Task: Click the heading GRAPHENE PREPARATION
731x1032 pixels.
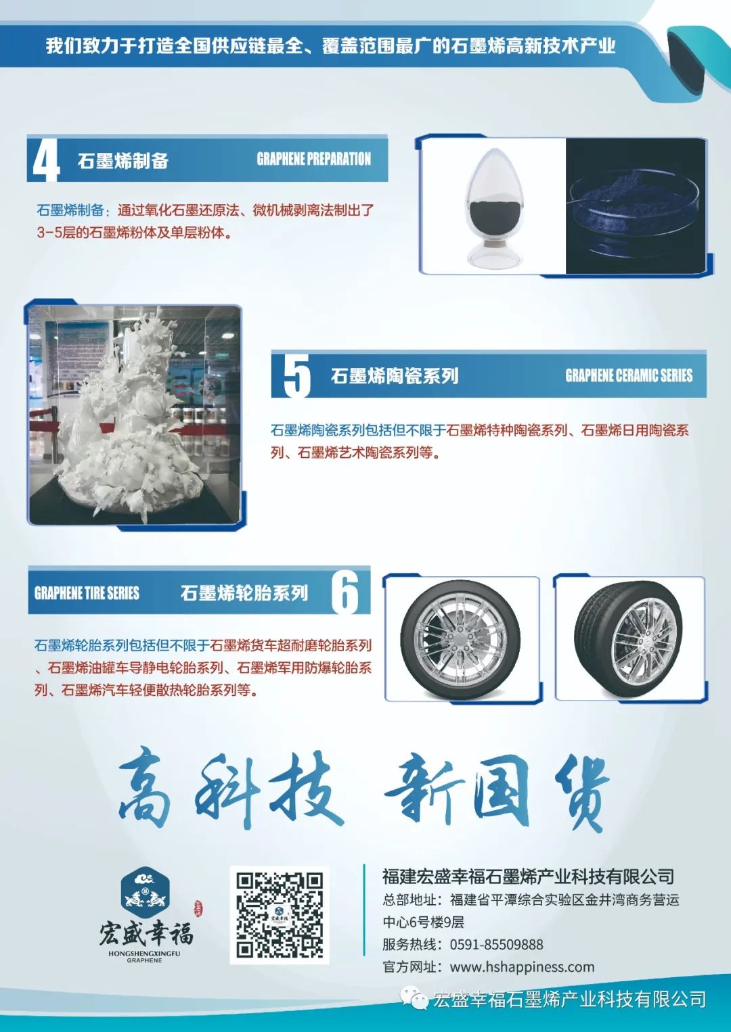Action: click(314, 160)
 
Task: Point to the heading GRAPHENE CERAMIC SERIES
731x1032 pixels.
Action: click(629, 375)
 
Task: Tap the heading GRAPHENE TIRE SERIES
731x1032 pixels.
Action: click(87, 593)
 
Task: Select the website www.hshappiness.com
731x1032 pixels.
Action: click(522, 966)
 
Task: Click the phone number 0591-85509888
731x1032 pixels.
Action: click(497, 945)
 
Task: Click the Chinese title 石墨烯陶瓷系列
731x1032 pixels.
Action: click(395, 376)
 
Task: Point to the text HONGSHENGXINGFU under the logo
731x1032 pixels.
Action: click(144, 954)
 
